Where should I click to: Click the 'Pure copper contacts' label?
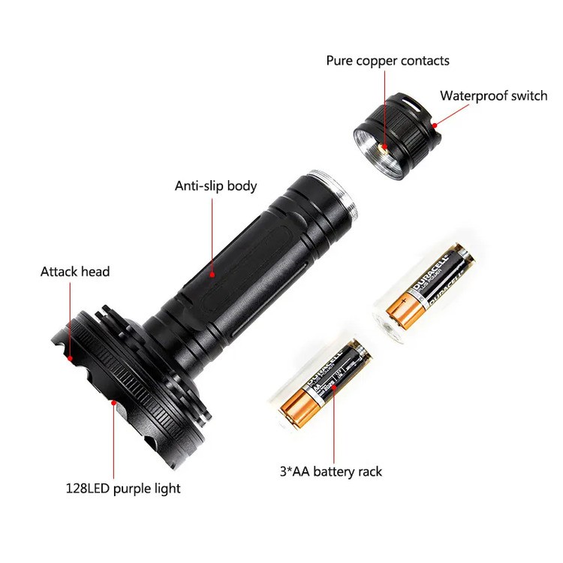point(387,60)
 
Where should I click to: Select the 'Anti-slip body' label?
point(215,185)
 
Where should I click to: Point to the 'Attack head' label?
point(74,271)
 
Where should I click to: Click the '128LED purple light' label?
point(122,489)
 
